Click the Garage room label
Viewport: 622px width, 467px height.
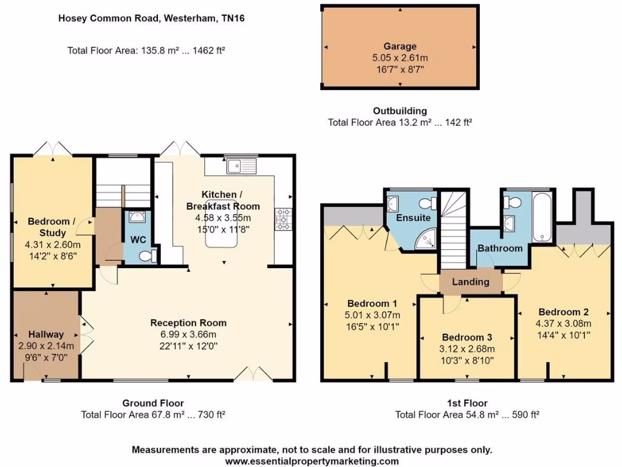(400, 46)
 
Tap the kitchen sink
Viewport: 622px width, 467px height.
(241, 164)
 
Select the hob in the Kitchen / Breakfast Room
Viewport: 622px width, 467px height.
(284, 220)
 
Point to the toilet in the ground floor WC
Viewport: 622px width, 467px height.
(146, 257)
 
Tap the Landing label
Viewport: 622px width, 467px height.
(471, 282)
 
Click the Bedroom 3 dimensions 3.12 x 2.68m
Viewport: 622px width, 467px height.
(468, 349)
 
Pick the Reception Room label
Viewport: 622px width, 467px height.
(188, 323)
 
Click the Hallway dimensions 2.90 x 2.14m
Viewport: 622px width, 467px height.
(46, 345)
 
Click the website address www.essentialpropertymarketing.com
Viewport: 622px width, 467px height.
(312, 461)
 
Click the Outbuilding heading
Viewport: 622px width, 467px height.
(400, 111)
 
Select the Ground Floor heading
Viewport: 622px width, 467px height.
(153, 403)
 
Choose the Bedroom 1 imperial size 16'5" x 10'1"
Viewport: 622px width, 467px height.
(372, 327)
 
